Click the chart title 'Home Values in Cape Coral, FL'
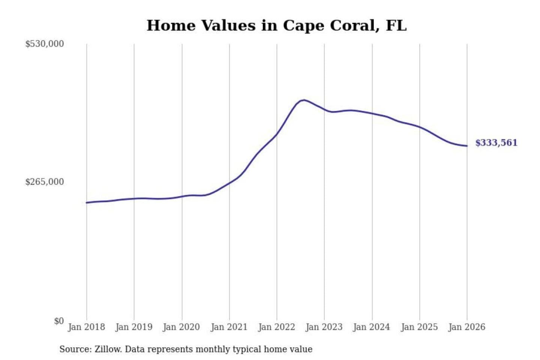coord(276,25)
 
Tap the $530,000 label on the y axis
coord(45,44)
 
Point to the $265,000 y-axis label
coord(45,182)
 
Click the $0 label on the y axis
coord(59,321)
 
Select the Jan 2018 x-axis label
coord(87,327)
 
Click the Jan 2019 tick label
coord(134,327)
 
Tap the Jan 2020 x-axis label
coord(181,327)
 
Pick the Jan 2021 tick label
coord(229,327)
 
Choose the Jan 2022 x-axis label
coord(277,327)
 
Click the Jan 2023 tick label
coord(324,327)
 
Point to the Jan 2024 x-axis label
coord(372,327)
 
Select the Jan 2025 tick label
coord(419,327)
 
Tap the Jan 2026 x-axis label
coord(467,327)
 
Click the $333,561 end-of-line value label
coord(496,143)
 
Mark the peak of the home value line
coord(304,100)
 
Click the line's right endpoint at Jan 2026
coord(467,146)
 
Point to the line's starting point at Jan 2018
coord(87,202)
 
